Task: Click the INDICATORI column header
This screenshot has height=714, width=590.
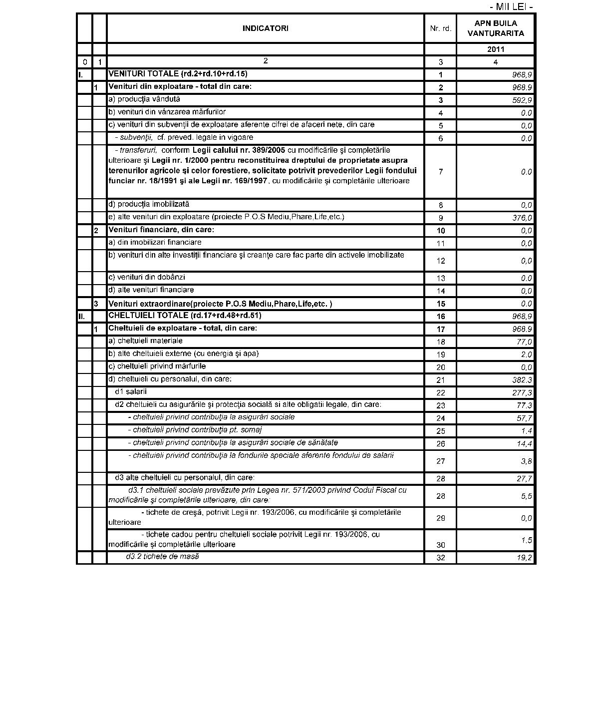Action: pyautogui.click(x=265, y=28)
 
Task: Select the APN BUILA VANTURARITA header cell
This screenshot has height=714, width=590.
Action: pyautogui.click(x=495, y=28)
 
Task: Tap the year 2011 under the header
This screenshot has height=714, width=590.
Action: pyautogui.click(x=496, y=49)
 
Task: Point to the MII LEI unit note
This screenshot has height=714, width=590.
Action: pyautogui.click(x=511, y=7)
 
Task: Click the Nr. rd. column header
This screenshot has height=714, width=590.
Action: pyautogui.click(x=440, y=28)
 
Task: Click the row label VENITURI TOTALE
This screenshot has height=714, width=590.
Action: pyautogui.click(x=178, y=74)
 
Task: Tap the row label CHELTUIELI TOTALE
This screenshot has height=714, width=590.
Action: pyautogui.click(x=185, y=316)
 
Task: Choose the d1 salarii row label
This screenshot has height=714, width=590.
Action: pyautogui.click(x=131, y=392)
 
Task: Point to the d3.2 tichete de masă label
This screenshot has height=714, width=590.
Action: pyautogui.click(x=162, y=556)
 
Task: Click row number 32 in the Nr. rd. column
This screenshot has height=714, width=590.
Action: pyautogui.click(x=440, y=558)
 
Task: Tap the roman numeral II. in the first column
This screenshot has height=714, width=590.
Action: pyautogui.click(x=82, y=317)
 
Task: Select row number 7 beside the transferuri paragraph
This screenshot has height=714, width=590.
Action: pyautogui.click(x=440, y=172)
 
